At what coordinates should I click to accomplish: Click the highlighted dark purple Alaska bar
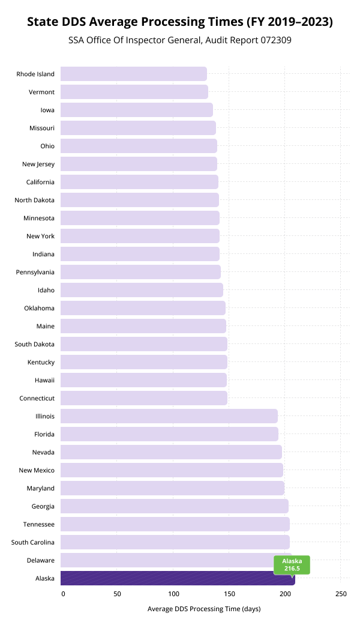(178, 578)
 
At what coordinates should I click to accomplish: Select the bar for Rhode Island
(134, 74)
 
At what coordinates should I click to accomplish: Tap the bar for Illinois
(169, 416)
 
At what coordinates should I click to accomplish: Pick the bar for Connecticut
(144, 398)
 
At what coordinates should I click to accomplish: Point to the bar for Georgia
(175, 506)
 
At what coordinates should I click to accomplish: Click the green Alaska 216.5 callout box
(292, 564)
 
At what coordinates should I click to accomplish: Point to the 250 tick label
(341, 594)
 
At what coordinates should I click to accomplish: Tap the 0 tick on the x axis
(63, 594)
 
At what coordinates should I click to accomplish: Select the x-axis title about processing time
(204, 609)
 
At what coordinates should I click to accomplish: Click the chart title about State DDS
(180, 22)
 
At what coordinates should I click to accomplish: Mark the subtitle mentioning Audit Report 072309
(180, 41)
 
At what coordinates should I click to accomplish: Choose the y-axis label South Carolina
(33, 542)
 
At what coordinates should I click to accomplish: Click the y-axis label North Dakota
(35, 200)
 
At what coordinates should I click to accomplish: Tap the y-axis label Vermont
(41, 92)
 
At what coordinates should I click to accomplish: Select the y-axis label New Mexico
(37, 470)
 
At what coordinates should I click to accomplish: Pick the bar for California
(140, 182)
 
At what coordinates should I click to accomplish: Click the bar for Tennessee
(175, 524)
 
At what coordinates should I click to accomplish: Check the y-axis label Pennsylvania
(35, 272)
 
